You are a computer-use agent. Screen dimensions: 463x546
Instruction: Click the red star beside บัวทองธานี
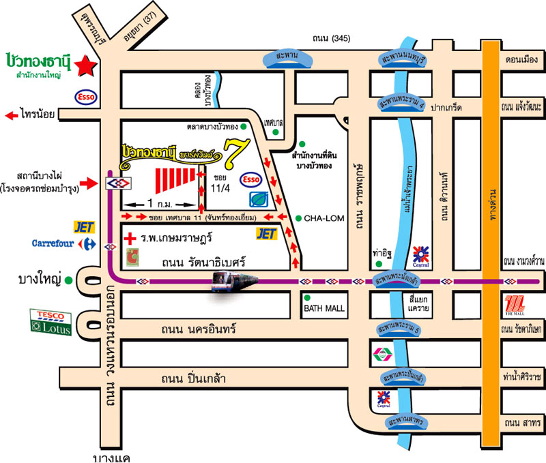87,65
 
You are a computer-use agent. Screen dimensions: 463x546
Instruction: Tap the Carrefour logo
60,243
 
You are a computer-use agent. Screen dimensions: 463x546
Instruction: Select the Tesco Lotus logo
51,320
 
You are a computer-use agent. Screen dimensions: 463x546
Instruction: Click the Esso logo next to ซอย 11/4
252,179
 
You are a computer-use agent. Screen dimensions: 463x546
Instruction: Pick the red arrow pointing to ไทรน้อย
12,115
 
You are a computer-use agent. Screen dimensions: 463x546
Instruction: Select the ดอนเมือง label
520,59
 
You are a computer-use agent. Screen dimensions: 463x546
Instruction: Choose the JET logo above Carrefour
83,226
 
